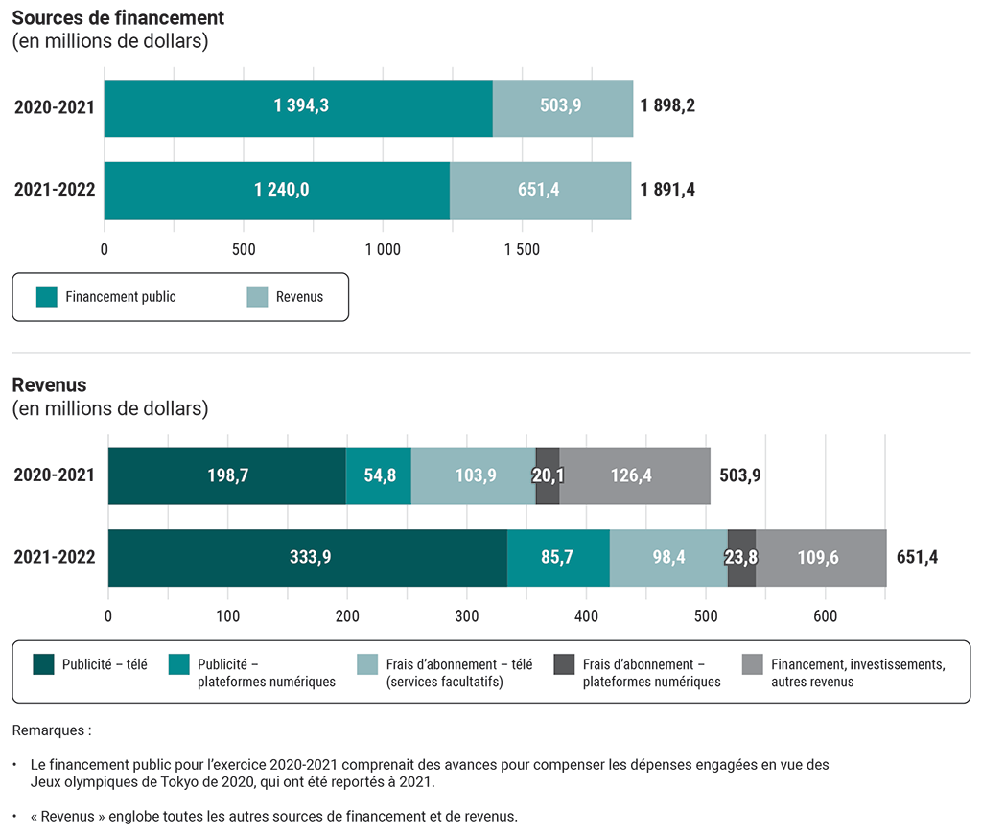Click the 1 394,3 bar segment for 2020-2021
coord(299,107)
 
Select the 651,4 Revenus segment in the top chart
coord(539,190)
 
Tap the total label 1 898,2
coord(667,106)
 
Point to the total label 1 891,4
coord(667,190)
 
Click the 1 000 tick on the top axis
coord(383,250)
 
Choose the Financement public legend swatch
coord(47,297)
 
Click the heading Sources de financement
coord(118,18)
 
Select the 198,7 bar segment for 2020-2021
coord(227,475)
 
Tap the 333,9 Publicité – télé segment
coord(309,557)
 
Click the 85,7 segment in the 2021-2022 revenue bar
coord(557,557)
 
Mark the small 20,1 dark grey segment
coord(548,475)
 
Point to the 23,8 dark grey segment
coord(741,557)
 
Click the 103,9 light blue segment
coord(474,475)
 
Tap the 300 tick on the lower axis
coord(467,616)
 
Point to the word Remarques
coord(51,730)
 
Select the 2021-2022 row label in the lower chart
coord(55,557)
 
